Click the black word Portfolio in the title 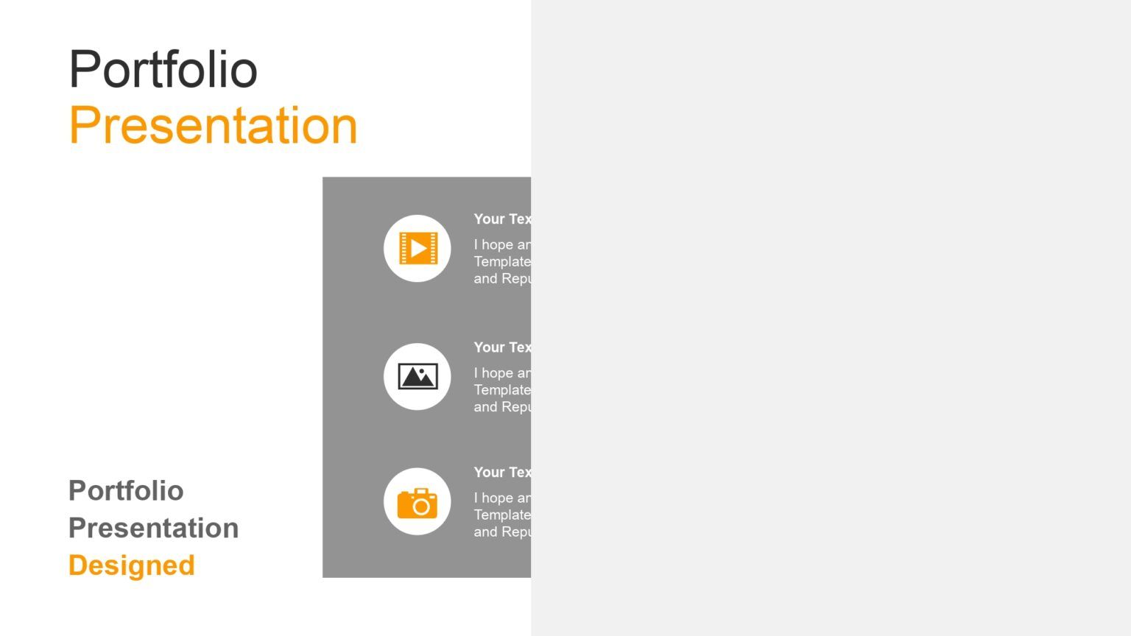[163, 69]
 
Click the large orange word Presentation [213, 125]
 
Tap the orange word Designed [131, 565]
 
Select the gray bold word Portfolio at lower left [126, 490]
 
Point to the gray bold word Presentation [153, 528]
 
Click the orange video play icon [417, 248]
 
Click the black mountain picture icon [417, 376]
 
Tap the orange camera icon [417, 503]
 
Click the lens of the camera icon [421, 506]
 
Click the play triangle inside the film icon [418, 248]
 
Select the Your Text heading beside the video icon [502, 219]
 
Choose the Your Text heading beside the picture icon [502, 347]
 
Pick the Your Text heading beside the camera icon [502, 472]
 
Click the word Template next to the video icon [502, 261]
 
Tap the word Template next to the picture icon [502, 389]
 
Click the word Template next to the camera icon [502, 515]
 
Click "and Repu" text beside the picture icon [502, 406]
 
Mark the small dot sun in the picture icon [422, 371]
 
